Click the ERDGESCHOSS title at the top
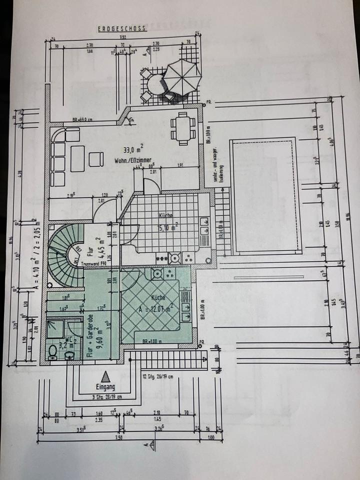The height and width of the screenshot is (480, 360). coord(122,28)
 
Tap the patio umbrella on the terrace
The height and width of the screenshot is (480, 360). coord(182,77)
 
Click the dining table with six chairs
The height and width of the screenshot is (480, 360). coord(183,128)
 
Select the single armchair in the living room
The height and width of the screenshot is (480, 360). coord(96,159)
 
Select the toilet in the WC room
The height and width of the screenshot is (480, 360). coord(54,351)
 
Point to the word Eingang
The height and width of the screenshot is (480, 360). coord(105,386)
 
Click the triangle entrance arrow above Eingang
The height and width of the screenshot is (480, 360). coord(105,376)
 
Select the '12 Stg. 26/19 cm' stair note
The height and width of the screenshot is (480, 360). coord(158,376)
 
